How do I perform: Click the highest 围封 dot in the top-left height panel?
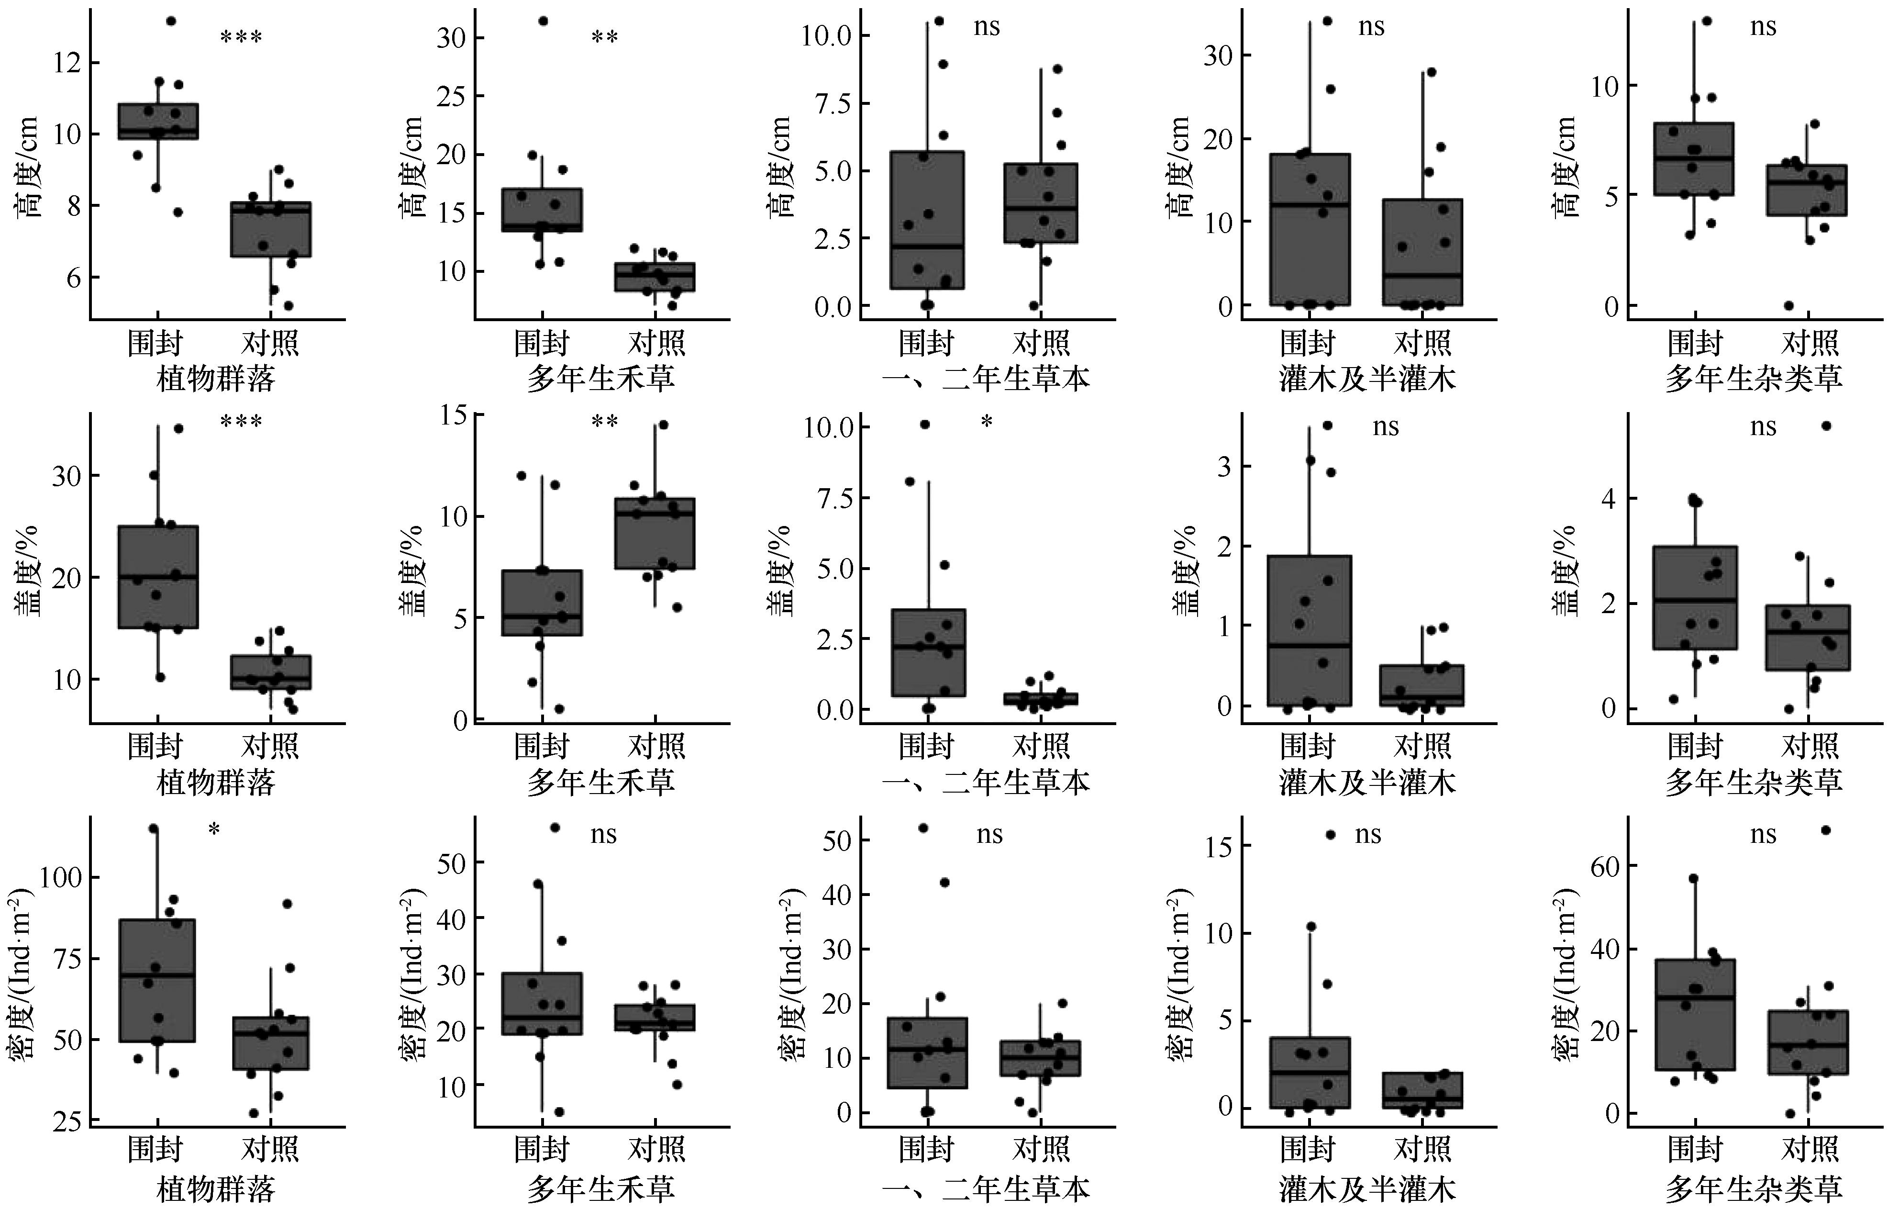click(170, 21)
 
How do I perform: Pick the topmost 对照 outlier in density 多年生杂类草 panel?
click(1825, 829)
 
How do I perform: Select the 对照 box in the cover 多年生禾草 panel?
click(655, 533)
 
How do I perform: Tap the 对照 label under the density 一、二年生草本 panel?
click(1041, 1149)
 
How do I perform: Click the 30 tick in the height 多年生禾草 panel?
click(451, 38)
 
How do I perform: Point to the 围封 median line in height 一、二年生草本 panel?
click(927, 247)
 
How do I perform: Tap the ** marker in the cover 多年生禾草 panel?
click(605, 422)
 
